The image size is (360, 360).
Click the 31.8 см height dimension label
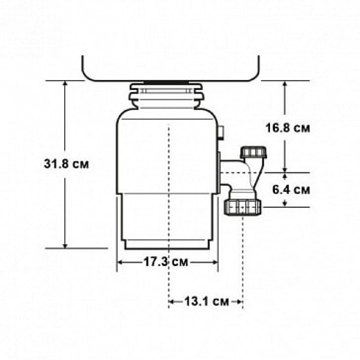[66, 164]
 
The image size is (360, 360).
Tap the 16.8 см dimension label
[288, 128]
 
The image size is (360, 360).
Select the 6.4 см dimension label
[291, 190]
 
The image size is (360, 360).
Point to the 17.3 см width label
[166, 262]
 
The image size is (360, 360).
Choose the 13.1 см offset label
[207, 301]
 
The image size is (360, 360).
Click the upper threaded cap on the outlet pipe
[253, 152]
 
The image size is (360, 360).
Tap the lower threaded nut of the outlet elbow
[243, 207]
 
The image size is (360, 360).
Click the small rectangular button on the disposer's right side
[220, 132]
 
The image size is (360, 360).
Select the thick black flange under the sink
[167, 82]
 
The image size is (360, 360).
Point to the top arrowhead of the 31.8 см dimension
[65, 83]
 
